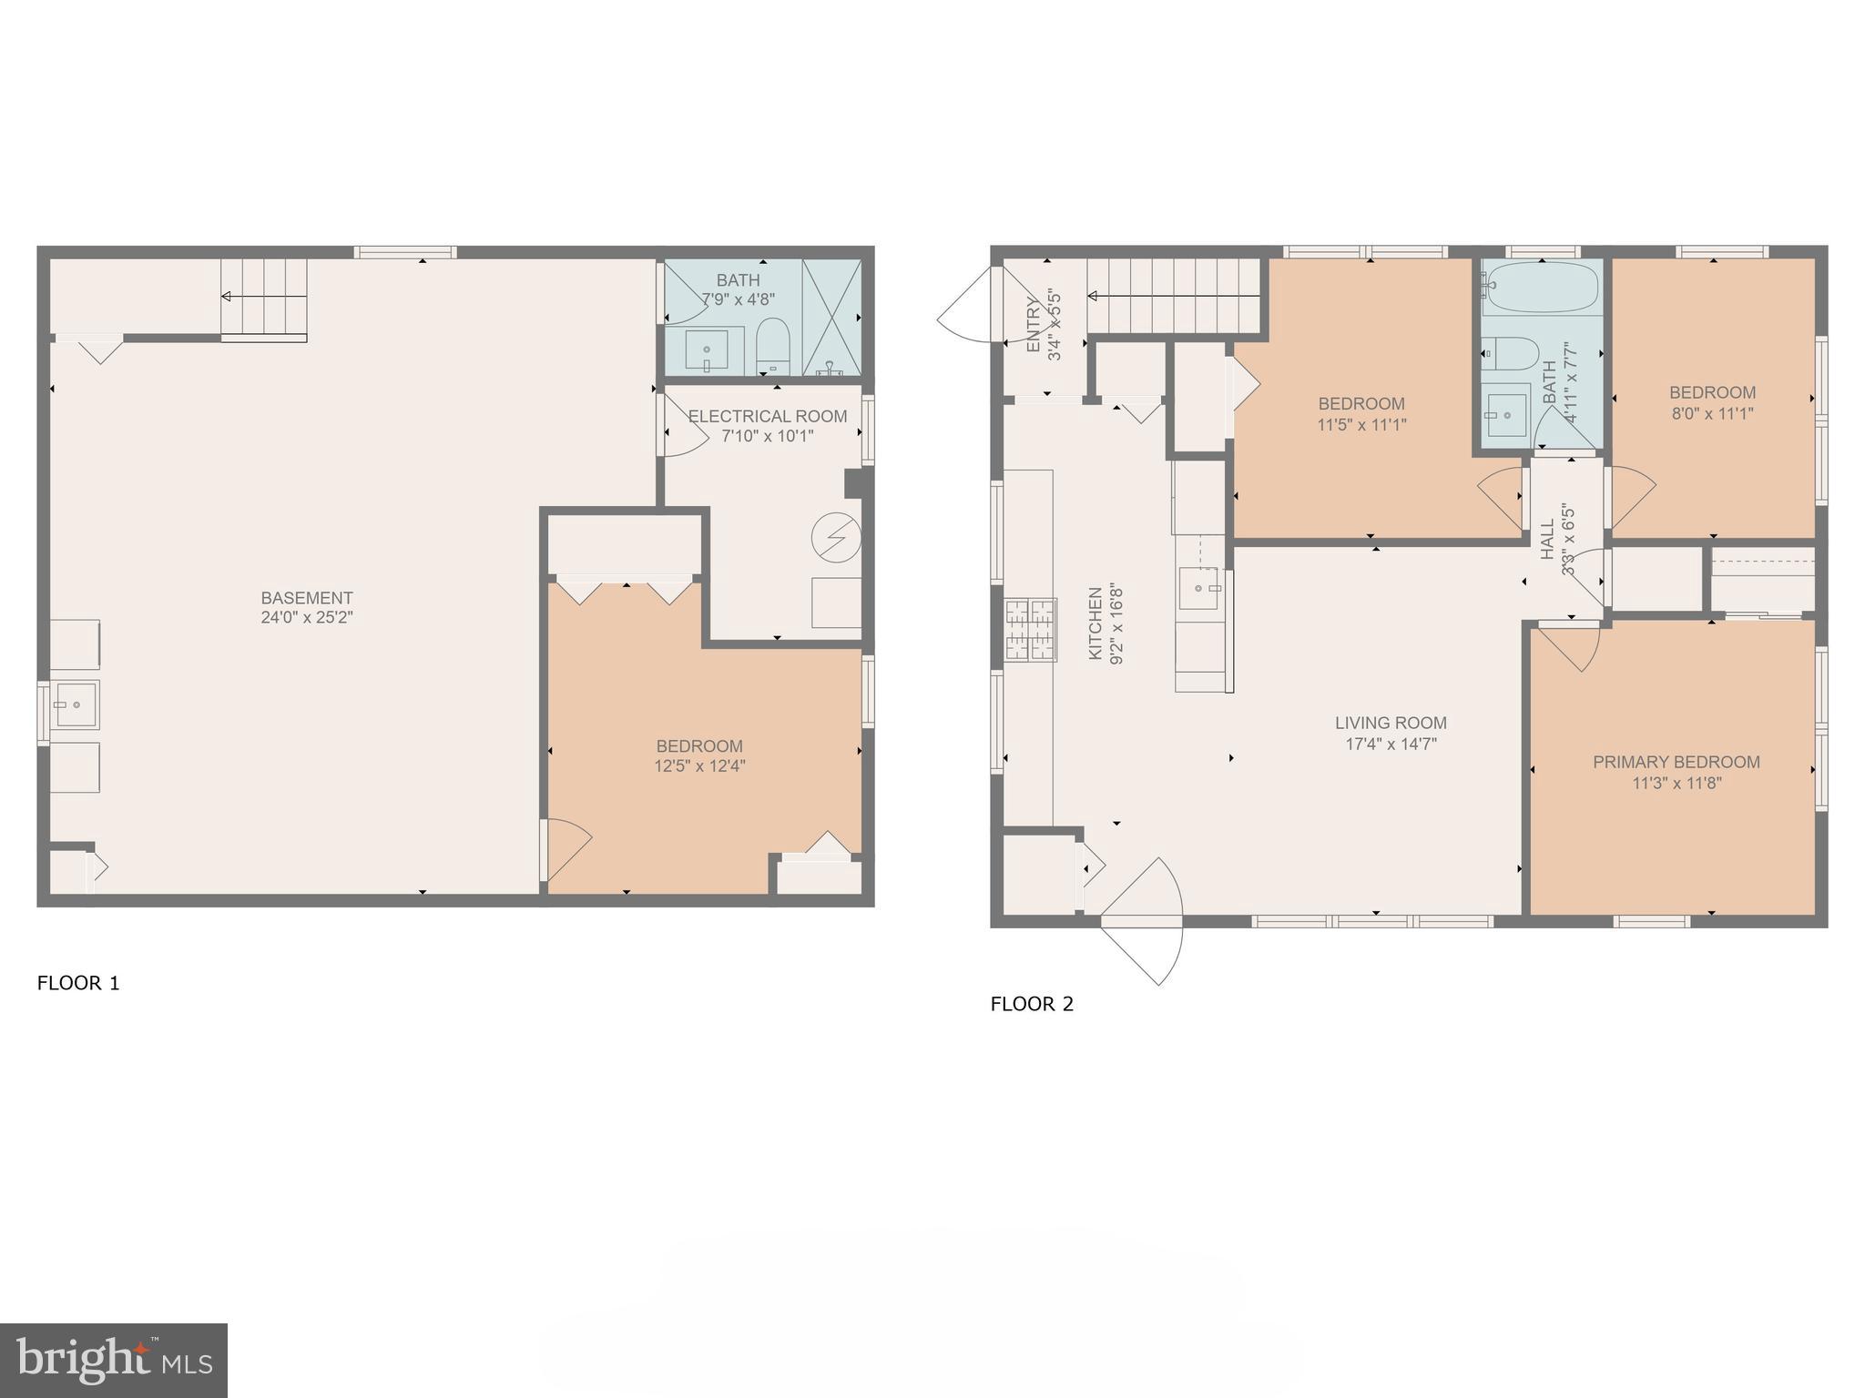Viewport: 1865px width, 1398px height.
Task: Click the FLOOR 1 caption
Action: [78, 983]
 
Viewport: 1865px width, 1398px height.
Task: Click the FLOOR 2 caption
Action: [1032, 1004]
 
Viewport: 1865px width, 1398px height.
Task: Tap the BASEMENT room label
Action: [306, 598]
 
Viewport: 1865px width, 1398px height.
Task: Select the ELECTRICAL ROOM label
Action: [767, 416]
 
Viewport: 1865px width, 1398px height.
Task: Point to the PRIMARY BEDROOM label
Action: [1676, 762]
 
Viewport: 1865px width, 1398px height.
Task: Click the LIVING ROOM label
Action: [1391, 723]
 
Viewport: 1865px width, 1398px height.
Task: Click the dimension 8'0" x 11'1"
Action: [1712, 413]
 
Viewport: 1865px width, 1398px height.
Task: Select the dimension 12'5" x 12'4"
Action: [699, 766]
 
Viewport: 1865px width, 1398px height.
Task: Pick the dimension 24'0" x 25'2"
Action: [306, 617]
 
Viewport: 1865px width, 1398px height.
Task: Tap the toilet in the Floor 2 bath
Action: [1509, 353]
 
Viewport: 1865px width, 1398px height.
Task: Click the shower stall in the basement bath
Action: [831, 317]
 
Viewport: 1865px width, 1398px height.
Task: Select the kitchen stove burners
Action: [1030, 630]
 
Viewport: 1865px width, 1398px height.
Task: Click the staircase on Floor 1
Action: [264, 297]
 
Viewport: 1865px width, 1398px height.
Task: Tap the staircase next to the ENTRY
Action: [1173, 296]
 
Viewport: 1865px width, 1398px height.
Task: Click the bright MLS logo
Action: [114, 1360]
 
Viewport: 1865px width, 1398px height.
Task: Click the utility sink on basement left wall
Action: [75, 704]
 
